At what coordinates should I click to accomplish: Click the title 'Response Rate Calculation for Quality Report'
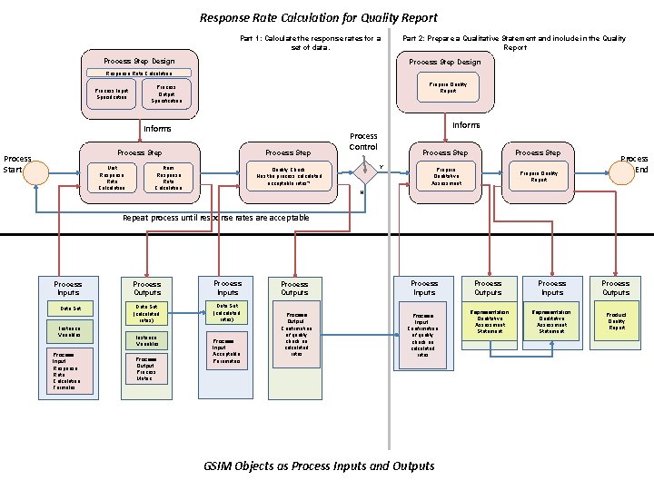(318, 17)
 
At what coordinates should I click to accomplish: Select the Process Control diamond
(365, 171)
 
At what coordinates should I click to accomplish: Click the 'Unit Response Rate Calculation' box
(113, 177)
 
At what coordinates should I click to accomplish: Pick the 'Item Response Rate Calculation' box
(169, 177)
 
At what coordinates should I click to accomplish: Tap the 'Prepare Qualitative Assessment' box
(446, 176)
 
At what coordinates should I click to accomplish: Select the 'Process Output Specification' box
(166, 94)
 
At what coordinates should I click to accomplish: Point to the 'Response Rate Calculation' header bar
(139, 73)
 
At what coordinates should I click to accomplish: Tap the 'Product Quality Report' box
(616, 321)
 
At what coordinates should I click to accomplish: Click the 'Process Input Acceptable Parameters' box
(227, 351)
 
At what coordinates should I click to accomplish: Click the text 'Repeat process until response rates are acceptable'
(216, 218)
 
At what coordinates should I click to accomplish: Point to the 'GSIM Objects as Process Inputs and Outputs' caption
(320, 465)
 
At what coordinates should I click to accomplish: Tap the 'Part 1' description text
(310, 43)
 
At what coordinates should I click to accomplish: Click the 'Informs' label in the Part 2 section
(466, 125)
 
